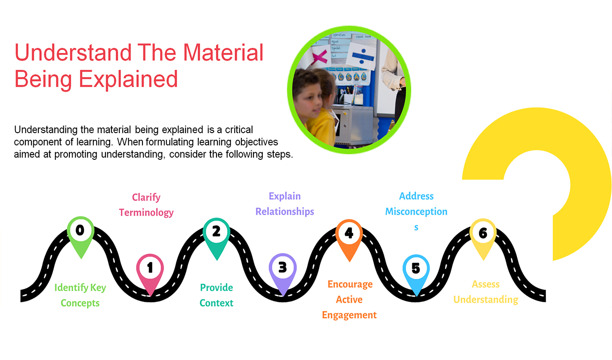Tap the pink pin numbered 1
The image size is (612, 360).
click(150, 268)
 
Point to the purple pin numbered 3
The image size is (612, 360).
click(283, 268)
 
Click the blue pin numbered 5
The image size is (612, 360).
click(416, 269)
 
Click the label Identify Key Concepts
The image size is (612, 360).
click(80, 295)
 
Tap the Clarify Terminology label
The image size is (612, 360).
click(146, 205)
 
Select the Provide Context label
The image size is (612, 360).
click(216, 295)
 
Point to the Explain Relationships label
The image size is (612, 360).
click(284, 204)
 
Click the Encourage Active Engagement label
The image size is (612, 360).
click(350, 300)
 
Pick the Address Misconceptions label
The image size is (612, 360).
click(416, 211)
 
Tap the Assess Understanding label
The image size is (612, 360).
click(485, 292)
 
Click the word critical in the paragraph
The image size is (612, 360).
click(238, 129)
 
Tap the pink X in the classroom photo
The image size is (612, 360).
click(319, 58)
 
